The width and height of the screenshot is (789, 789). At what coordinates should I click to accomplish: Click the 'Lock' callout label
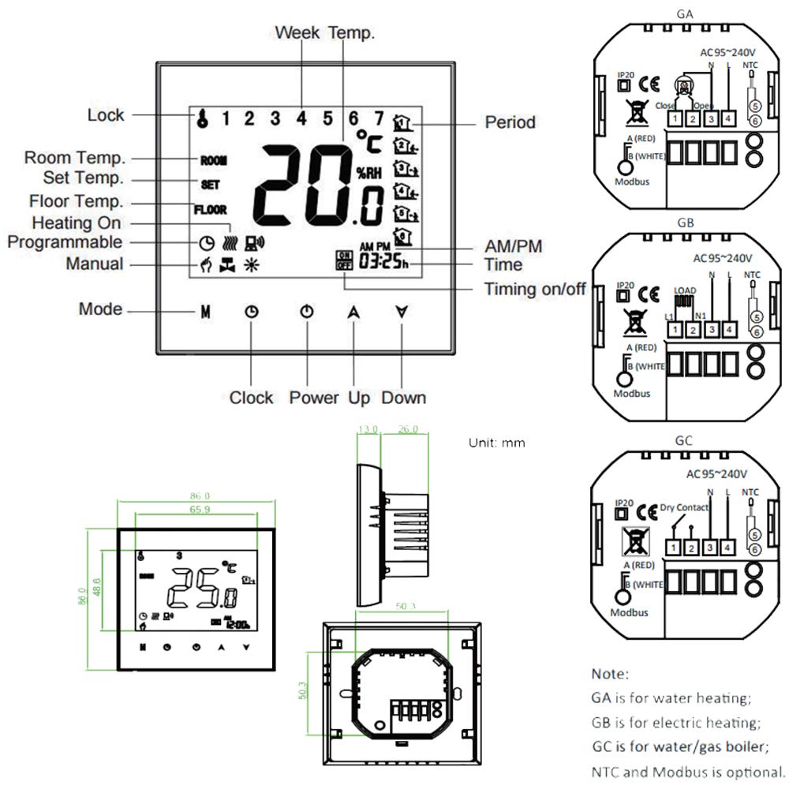pyautogui.click(x=106, y=115)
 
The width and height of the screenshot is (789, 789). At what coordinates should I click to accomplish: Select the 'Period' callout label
pyautogui.click(x=510, y=122)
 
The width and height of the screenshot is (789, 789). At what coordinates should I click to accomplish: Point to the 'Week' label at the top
pyautogui.click(x=298, y=32)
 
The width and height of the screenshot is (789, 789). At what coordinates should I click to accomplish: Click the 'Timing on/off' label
pyautogui.click(x=535, y=289)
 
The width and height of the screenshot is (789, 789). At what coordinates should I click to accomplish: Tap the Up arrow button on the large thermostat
pyautogui.click(x=353, y=311)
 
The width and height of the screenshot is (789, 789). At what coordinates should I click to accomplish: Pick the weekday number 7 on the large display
pyautogui.click(x=379, y=119)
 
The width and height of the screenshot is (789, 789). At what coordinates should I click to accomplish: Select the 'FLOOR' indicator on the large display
pyautogui.click(x=211, y=210)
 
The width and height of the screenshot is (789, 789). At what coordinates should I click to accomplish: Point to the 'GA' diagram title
pyautogui.click(x=685, y=14)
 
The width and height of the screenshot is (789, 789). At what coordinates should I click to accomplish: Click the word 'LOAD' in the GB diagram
pyautogui.click(x=685, y=290)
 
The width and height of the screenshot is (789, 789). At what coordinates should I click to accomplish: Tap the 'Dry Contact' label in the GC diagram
pyautogui.click(x=684, y=508)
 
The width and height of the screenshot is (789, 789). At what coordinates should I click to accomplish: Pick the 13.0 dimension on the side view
pyautogui.click(x=368, y=430)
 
